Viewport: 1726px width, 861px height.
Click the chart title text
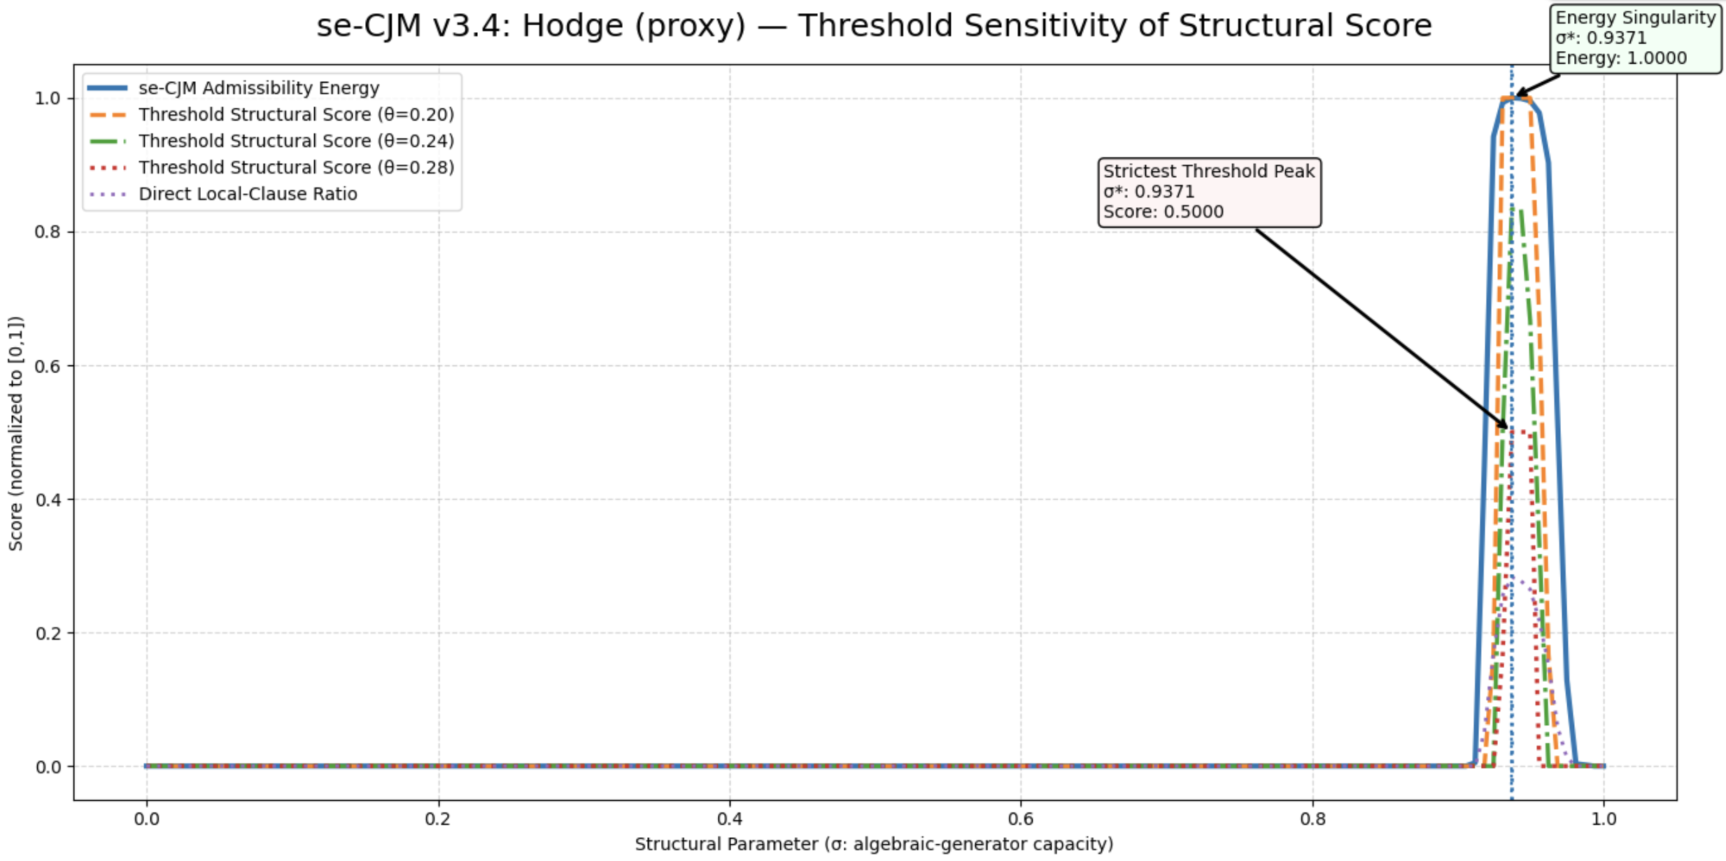[x=874, y=27]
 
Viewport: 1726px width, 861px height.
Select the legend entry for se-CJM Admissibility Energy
[x=258, y=88]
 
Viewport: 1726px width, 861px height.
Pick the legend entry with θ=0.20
[x=296, y=115]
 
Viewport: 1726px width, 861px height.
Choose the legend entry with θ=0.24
[x=296, y=141]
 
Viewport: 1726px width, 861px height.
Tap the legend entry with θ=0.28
[x=296, y=168]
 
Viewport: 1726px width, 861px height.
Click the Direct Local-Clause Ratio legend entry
[x=248, y=195]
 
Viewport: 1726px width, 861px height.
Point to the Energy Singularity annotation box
[x=1635, y=38]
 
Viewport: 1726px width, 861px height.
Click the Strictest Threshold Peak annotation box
[x=1209, y=192]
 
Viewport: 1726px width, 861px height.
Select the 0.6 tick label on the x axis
[x=1021, y=818]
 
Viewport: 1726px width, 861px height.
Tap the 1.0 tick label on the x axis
[x=1604, y=818]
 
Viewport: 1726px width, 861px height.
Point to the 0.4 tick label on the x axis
[x=729, y=818]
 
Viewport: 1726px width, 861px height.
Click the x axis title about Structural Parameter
[x=874, y=844]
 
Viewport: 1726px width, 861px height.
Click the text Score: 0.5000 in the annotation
[x=1163, y=212]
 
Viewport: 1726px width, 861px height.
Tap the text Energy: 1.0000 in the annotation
[x=1621, y=59]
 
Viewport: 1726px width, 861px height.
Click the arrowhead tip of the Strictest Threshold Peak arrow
[x=1508, y=428]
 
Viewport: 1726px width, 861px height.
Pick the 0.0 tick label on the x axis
[x=146, y=818]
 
